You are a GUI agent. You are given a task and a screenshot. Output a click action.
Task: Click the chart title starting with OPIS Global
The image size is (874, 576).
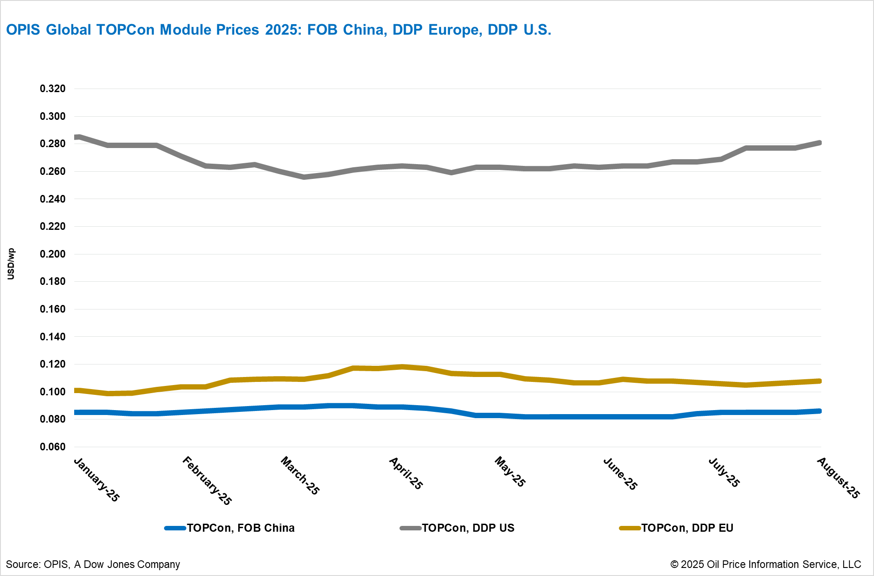tap(279, 30)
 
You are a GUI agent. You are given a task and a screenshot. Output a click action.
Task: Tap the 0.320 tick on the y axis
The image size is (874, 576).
tap(53, 89)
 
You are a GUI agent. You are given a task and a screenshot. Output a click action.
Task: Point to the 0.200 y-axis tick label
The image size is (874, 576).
tap(53, 254)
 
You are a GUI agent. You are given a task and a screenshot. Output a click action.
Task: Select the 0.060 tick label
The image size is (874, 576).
tap(53, 447)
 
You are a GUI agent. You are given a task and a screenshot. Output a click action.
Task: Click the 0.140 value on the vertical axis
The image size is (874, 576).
tap(53, 337)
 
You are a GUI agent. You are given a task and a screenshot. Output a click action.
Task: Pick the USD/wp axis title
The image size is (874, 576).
tap(11, 264)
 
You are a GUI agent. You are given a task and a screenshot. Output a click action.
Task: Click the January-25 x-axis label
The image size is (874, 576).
tap(97, 479)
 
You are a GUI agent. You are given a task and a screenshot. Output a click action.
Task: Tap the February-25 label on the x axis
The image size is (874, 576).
tap(207, 481)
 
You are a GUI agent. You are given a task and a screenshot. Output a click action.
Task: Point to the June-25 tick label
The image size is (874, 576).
tap(620, 474)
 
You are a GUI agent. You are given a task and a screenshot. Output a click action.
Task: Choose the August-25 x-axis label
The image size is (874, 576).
tap(838, 478)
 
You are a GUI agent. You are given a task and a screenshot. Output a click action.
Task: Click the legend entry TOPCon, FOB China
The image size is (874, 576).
tap(240, 528)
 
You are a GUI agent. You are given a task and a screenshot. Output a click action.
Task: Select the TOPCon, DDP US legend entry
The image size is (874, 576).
tap(468, 528)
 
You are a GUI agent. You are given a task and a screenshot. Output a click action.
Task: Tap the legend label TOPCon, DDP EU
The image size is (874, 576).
tap(687, 528)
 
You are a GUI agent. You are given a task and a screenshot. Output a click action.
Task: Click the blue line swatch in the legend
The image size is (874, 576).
tap(175, 528)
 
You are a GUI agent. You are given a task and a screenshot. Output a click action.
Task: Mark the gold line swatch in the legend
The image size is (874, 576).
tap(630, 528)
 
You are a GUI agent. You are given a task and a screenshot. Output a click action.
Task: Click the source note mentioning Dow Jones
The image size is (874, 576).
tap(93, 564)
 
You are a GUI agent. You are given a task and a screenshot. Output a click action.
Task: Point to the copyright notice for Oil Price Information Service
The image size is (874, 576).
tap(765, 564)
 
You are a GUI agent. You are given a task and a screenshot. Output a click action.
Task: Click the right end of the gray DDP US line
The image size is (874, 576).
tap(820, 143)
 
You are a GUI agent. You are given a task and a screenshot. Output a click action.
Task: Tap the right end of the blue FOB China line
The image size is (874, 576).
tap(820, 411)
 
